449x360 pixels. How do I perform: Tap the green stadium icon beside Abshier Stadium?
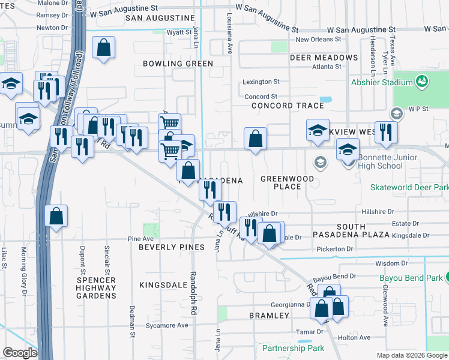(x=422, y=80)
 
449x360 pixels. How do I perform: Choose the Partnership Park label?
(x=293, y=348)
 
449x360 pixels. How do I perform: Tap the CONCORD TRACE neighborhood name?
(x=288, y=106)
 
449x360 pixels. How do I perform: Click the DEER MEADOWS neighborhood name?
(x=324, y=58)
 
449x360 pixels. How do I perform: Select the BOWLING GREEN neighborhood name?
(x=178, y=64)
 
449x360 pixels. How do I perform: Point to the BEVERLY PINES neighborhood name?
(x=168, y=247)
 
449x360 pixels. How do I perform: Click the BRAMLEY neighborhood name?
(x=270, y=315)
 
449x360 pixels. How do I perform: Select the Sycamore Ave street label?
(x=167, y=325)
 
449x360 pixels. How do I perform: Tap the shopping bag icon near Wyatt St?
(x=104, y=47)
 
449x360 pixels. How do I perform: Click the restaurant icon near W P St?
(x=386, y=132)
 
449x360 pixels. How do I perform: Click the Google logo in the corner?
(x=20, y=353)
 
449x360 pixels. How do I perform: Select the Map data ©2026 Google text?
(x=411, y=355)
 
